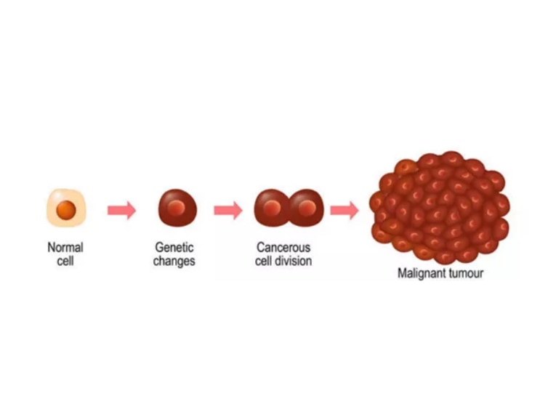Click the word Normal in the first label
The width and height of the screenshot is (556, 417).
tap(65, 247)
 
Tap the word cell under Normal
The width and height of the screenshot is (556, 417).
tap(65, 261)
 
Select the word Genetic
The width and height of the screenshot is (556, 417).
tap(174, 247)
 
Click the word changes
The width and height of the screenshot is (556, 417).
tap(174, 262)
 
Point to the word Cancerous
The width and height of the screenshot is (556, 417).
tap(283, 247)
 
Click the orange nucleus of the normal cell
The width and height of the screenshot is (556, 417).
tap(66, 210)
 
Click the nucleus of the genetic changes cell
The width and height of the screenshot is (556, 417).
tap(177, 207)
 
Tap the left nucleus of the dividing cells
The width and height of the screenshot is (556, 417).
tap(272, 208)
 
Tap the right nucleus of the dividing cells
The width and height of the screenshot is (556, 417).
tap(307, 208)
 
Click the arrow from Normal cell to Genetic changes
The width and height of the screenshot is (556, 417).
tap(121, 210)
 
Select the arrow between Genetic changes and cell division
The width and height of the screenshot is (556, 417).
tap(228, 210)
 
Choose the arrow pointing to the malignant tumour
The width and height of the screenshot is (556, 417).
tap(345, 210)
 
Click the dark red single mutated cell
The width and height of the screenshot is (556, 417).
tap(177, 208)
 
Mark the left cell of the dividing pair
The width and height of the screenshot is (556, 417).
tap(271, 208)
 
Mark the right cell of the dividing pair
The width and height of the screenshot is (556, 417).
tap(307, 208)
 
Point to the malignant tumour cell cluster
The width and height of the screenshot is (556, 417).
tap(440, 207)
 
